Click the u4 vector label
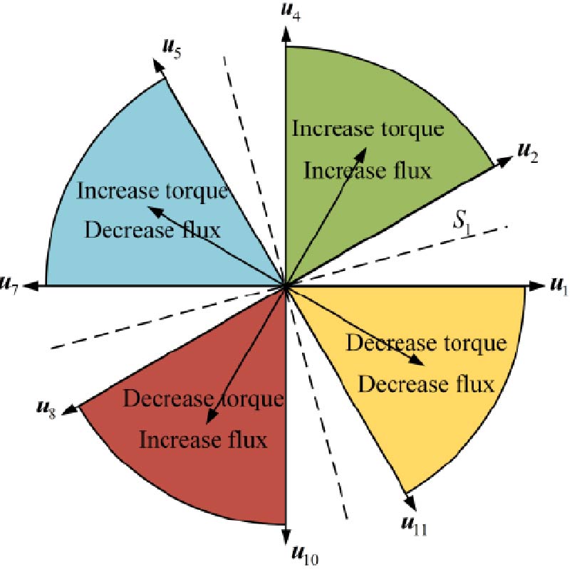point(289,12)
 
